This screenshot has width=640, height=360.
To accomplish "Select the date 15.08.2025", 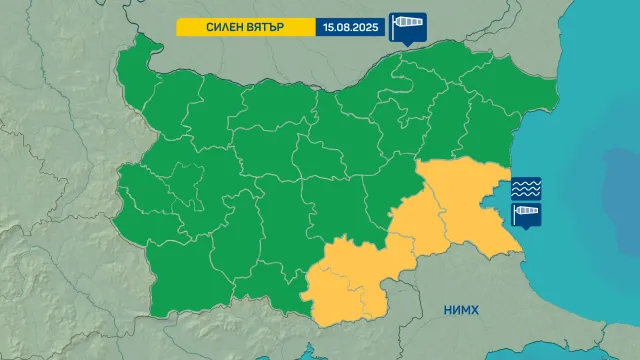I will click(x=350, y=27).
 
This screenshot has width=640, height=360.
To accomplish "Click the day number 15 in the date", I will click(x=329, y=27).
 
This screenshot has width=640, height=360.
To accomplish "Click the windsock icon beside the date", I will click(x=407, y=24).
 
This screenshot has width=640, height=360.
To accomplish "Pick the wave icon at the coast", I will click(x=526, y=188).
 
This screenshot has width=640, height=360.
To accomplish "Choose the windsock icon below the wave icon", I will click(x=526, y=215).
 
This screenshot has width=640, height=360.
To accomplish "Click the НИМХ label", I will click(x=461, y=311).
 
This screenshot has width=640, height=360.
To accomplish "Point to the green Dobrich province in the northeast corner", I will click(x=520, y=85).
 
